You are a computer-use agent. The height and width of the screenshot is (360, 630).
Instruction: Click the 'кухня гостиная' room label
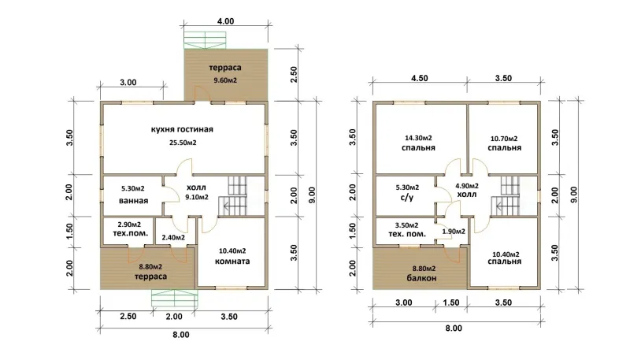click(x=182, y=129)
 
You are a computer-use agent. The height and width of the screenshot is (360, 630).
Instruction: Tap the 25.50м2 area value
click(x=183, y=143)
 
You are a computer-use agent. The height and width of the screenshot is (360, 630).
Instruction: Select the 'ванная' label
click(x=133, y=201)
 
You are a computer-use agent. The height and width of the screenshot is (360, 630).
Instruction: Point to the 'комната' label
click(x=232, y=262)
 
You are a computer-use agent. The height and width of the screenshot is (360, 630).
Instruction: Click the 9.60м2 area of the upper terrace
click(x=225, y=80)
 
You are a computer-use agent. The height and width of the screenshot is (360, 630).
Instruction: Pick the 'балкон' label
click(x=421, y=278)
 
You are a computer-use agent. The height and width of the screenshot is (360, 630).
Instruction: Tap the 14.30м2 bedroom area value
click(x=419, y=138)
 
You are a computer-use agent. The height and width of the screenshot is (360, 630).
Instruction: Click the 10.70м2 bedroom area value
click(x=504, y=139)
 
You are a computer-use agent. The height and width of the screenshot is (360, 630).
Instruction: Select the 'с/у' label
click(x=407, y=198)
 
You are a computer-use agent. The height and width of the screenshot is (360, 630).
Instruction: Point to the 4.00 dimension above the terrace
click(x=225, y=21)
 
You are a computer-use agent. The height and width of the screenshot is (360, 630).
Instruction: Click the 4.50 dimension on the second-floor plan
click(x=419, y=78)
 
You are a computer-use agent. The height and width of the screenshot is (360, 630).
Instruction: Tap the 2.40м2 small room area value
click(x=173, y=237)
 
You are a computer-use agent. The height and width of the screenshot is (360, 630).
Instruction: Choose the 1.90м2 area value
click(x=454, y=232)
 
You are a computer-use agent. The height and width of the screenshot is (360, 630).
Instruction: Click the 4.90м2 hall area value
click(x=467, y=186)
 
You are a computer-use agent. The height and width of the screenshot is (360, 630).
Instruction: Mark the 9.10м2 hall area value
click(x=196, y=197)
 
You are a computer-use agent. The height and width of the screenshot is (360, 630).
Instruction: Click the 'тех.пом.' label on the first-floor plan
click(x=131, y=233)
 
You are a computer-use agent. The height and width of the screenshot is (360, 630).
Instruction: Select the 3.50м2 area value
click(x=406, y=225)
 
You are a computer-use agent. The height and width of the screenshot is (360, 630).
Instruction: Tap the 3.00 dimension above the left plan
click(x=128, y=83)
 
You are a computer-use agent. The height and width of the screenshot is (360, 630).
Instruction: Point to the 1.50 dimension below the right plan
click(x=450, y=302)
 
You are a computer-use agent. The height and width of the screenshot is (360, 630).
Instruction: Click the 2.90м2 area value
click(x=129, y=225)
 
